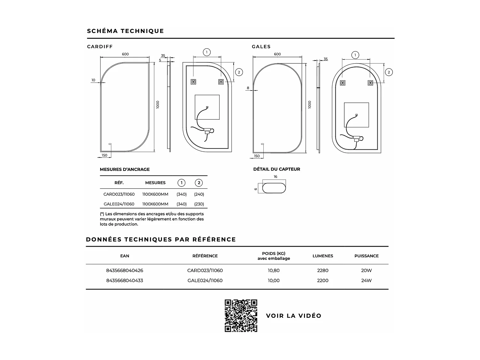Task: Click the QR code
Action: coord(241,316)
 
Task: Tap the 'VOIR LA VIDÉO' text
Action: coord(293,316)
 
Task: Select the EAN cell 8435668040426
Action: coord(124,270)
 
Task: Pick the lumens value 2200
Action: coord(323,281)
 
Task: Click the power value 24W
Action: coord(366,281)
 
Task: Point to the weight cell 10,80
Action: coord(274,270)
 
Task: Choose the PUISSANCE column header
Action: coord(366,256)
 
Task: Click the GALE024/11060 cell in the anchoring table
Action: coord(119,204)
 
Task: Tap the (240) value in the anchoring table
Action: coord(199,194)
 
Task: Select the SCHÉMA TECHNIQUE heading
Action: coord(125,31)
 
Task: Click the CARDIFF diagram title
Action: coord(100,47)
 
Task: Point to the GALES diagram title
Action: coord(261,47)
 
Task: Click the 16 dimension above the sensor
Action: coord(276,177)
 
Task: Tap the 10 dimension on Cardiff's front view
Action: coord(93,80)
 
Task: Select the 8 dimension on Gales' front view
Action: coord(248,88)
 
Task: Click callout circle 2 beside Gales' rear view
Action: coord(389,72)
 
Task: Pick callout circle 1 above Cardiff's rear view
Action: coord(207,52)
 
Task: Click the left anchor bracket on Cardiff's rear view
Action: coord(193,82)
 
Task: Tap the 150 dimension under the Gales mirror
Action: coord(257,156)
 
